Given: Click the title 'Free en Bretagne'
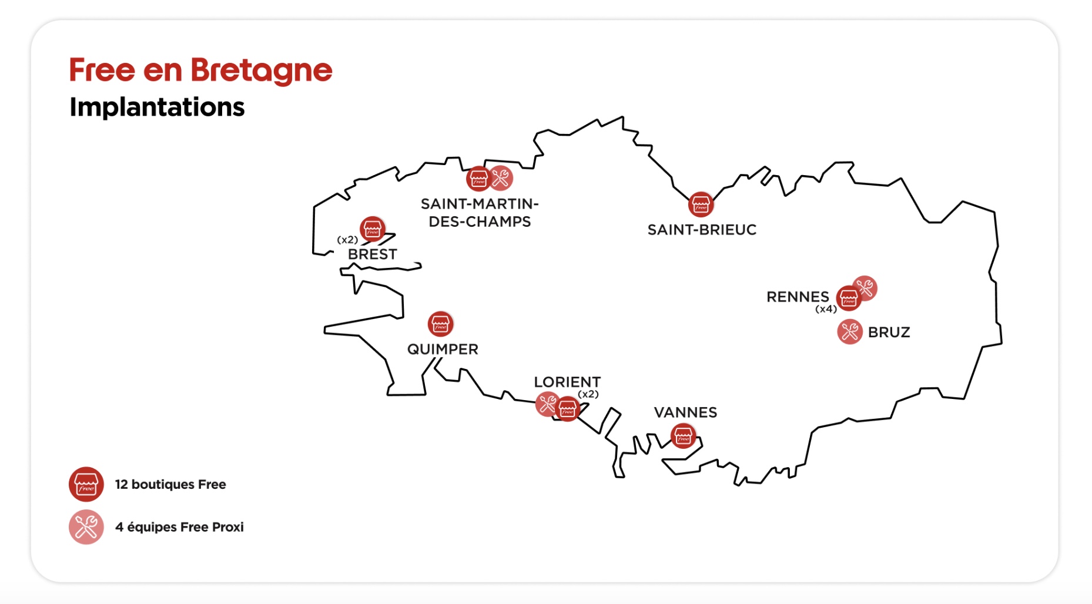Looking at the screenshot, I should [x=200, y=71].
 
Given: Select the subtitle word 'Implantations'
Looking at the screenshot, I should [x=157, y=107].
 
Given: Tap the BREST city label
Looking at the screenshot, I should [x=373, y=254].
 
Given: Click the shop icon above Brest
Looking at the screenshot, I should [x=373, y=229].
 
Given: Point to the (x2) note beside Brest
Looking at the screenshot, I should [x=347, y=240].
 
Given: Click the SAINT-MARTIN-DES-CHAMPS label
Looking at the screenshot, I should [x=480, y=213].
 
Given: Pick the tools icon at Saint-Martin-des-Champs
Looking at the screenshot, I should [x=501, y=177].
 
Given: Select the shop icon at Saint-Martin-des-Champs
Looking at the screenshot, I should [x=478, y=179].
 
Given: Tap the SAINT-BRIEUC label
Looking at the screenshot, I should [x=702, y=230].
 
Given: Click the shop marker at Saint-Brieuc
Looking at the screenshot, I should [x=701, y=204].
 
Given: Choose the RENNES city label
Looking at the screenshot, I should [x=798, y=297].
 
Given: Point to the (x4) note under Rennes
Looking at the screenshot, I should [x=826, y=309].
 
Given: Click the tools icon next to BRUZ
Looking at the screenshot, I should [x=849, y=332].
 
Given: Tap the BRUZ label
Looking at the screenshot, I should [x=889, y=333].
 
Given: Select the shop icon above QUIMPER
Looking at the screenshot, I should [x=440, y=324].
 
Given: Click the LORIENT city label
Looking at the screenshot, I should [x=567, y=382].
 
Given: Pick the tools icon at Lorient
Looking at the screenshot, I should [x=547, y=404].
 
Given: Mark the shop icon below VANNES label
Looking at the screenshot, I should [x=683, y=436].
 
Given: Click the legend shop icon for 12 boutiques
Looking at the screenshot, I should [x=86, y=484].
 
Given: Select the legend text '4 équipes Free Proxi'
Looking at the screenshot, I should [x=179, y=527].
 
